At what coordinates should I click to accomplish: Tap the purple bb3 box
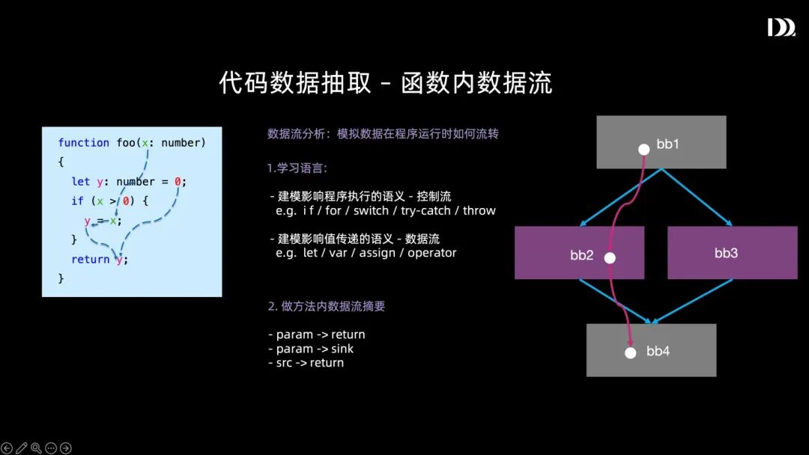tap(732, 253)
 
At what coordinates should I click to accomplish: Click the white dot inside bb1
tap(643, 149)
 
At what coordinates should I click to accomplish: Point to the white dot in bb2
tap(610, 257)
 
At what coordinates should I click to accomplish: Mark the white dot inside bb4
tap(631, 352)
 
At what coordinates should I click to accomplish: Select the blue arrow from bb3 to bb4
tap(693, 302)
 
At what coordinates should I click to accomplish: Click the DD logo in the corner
tap(781, 28)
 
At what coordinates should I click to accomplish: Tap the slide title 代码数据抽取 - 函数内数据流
tap(386, 82)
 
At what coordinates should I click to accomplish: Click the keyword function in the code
tap(83, 143)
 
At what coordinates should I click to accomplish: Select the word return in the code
tap(90, 260)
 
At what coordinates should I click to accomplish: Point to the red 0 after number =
tap(178, 182)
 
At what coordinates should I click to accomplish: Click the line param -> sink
tap(310, 349)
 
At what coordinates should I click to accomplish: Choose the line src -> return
tap(306, 363)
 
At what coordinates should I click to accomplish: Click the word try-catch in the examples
tap(425, 210)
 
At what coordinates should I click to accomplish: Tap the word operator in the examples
tap(431, 253)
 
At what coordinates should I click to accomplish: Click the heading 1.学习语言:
tap(297, 168)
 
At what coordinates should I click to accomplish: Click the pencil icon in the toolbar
tap(22, 448)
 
